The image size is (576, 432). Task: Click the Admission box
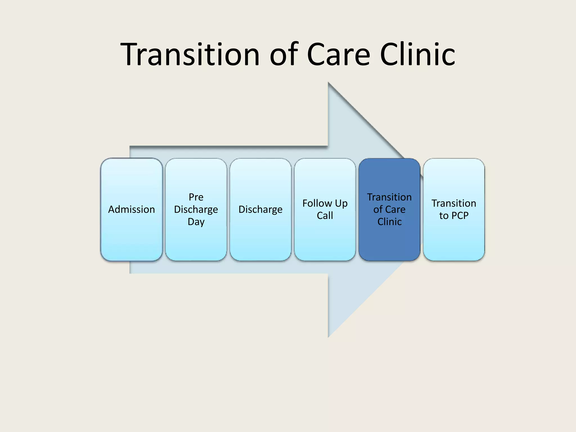pyautogui.click(x=131, y=210)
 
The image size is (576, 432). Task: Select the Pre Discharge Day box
pyautogui.click(x=196, y=210)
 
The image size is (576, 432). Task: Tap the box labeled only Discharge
pyautogui.click(x=260, y=210)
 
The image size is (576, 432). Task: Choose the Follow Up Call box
pyautogui.click(x=325, y=210)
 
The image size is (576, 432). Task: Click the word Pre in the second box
pyautogui.click(x=196, y=197)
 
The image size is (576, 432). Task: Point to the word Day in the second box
pyautogui.click(x=196, y=222)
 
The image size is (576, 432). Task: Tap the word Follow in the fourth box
pyautogui.click(x=317, y=203)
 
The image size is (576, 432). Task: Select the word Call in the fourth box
pyautogui.click(x=325, y=216)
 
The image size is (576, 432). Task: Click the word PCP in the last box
pyautogui.click(x=460, y=216)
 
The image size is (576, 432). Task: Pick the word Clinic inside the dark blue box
pyautogui.click(x=389, y=222)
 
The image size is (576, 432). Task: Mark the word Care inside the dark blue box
pyautogui.click(x=395, y=210)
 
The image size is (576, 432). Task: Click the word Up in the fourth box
pyautogui.click(x=341, y=204)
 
